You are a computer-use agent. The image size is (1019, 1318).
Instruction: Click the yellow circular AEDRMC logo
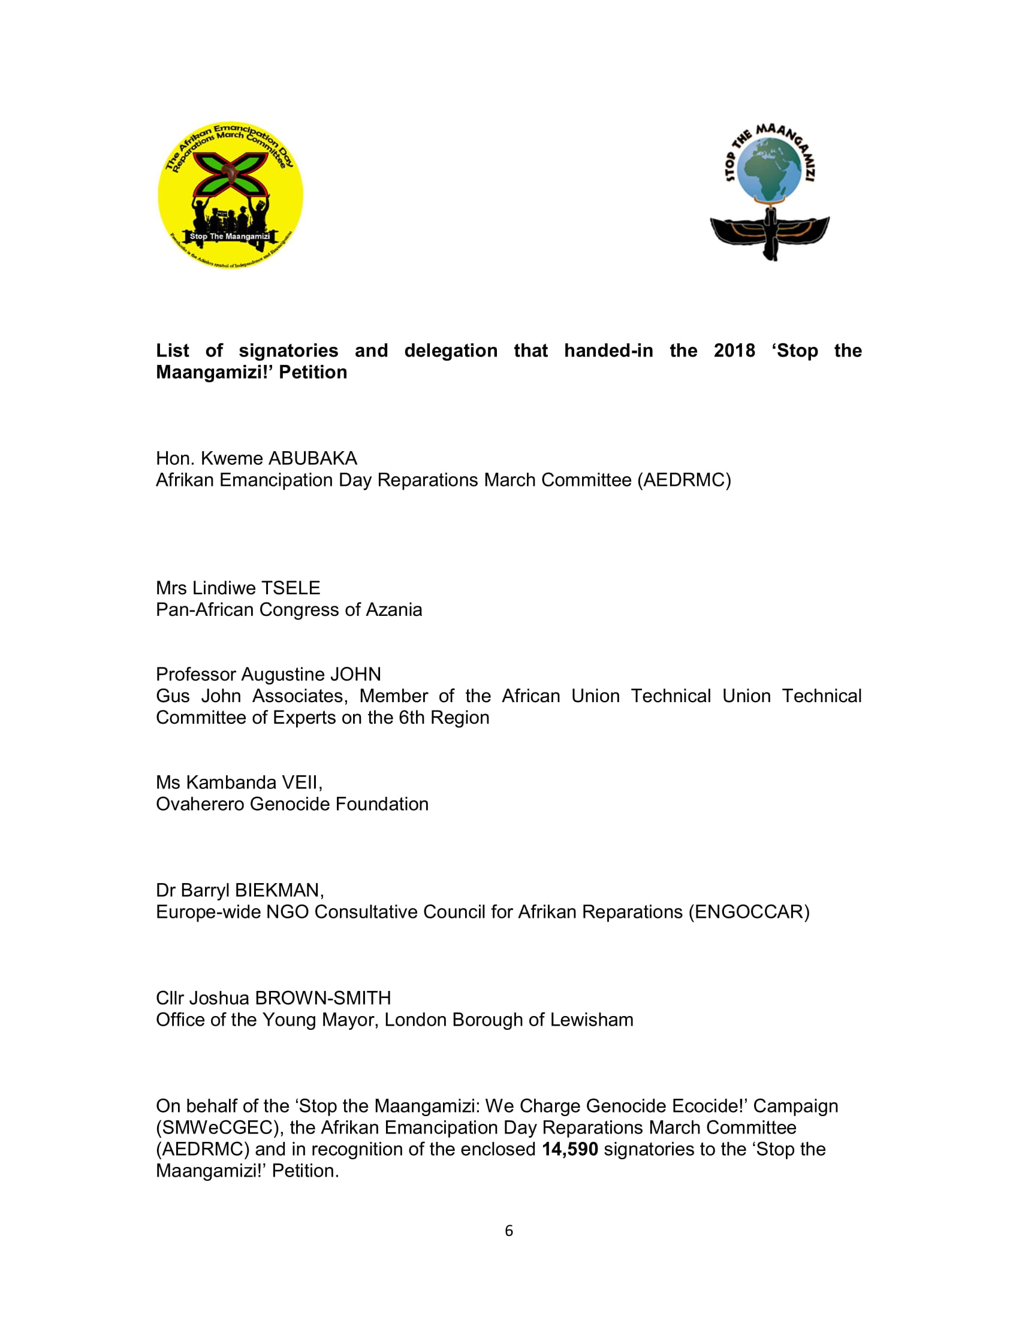[230, 194]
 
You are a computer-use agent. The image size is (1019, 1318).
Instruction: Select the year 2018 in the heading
[734, 350]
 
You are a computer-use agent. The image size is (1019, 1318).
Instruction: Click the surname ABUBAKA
[312, 458]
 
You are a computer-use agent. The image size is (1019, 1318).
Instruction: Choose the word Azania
[394, 609]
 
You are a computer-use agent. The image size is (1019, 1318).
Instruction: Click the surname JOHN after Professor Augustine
[355, 674]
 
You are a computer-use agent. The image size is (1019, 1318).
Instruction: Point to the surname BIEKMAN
[279, 890]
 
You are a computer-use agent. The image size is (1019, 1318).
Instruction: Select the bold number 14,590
[569, 1149]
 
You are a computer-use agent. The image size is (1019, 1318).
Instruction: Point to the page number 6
[509, 1231]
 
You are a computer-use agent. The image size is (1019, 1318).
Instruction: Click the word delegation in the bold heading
[450, 350]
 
